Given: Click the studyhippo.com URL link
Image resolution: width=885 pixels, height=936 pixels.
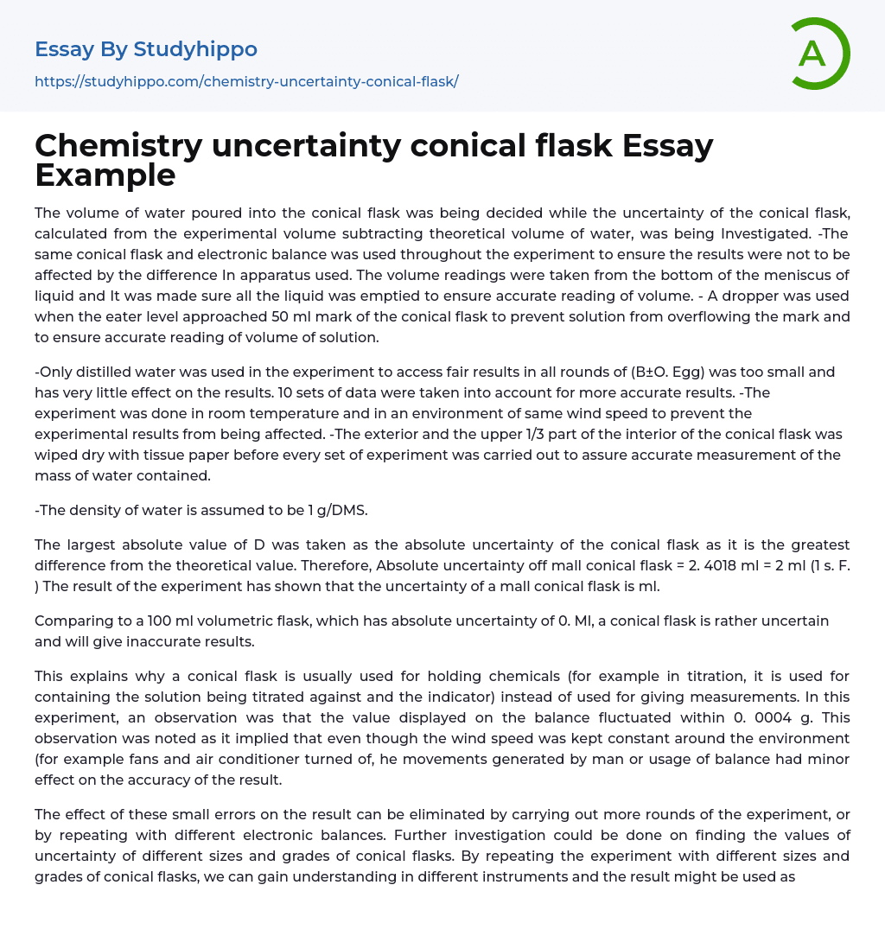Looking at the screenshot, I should click(x=246, y=81).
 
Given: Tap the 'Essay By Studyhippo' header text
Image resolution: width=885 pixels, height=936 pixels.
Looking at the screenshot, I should click(x=146, y=49).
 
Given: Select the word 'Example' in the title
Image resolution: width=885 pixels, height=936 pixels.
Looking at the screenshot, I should click(x=105, y=175).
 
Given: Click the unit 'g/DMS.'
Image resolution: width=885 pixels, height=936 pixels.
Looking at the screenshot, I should click(x=337, y=510).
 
